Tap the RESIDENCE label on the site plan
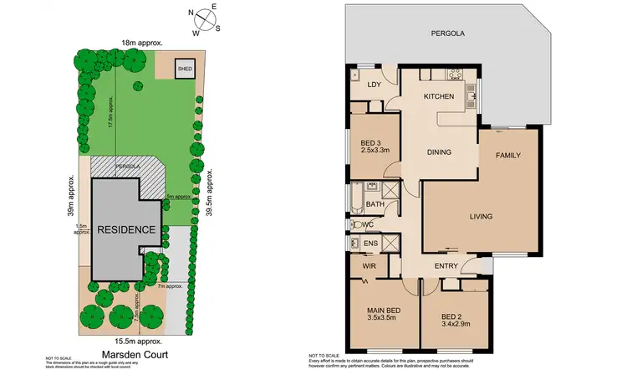125,229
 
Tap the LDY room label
374,85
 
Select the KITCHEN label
438,97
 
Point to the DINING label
439,152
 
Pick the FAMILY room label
508,156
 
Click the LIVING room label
480,217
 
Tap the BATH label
375,203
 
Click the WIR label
367,267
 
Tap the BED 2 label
457,316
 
